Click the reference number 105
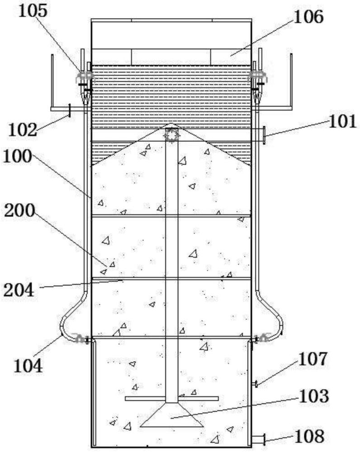point(33,11)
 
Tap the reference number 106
point(308,17)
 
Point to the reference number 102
point(23,130)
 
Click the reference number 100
point(17,156)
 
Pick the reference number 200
point(19,211)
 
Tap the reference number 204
point(19,290)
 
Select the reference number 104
point(28,366)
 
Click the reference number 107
point(313,359)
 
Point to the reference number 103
point(314,396)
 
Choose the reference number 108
point(309,437)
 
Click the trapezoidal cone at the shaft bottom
point(172,415)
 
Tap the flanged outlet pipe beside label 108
point(258,440)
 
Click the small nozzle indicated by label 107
point(255,384)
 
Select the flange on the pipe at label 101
point(264,135)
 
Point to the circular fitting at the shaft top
point(172,135)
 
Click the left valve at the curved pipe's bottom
point(81,339)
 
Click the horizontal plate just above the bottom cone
point(172,399)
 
